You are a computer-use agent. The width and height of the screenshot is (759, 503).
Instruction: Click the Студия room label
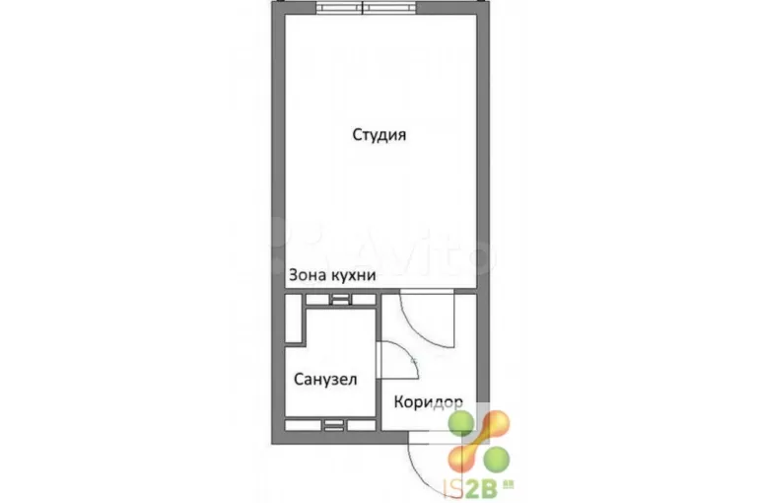(x=379, y=134)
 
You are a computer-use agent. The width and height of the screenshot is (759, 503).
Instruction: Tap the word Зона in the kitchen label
(x=308, y=275)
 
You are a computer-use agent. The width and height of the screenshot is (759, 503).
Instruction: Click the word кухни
(x=353, y=275)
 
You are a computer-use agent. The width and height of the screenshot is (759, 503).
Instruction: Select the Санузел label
(x=325, y=379)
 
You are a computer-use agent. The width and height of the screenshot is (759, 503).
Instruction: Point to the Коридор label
(x=428, y=401)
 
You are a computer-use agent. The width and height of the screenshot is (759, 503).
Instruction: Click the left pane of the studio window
(x=339, y=7)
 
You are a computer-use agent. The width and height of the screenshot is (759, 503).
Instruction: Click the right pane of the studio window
(x=389, y=7)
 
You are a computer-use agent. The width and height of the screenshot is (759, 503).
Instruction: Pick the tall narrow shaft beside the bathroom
(x=293, y=318)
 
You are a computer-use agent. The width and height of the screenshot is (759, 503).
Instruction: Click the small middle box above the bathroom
(x=341, y=300)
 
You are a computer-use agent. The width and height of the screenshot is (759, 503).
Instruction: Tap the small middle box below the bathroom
(x=334, y=425)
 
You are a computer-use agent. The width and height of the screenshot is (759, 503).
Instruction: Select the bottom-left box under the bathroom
(x=303, y=425)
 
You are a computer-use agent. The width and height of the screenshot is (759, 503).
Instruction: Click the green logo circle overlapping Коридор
(x=460, y=423)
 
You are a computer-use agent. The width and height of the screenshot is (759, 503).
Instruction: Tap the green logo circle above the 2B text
(x=497, y=458)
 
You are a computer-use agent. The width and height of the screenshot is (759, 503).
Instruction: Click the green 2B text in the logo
(x=482, y=489)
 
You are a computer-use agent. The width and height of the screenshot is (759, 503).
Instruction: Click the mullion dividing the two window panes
(x=363, y=7)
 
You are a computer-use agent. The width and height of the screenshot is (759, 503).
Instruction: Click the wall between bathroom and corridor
(x=379, y=362)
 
